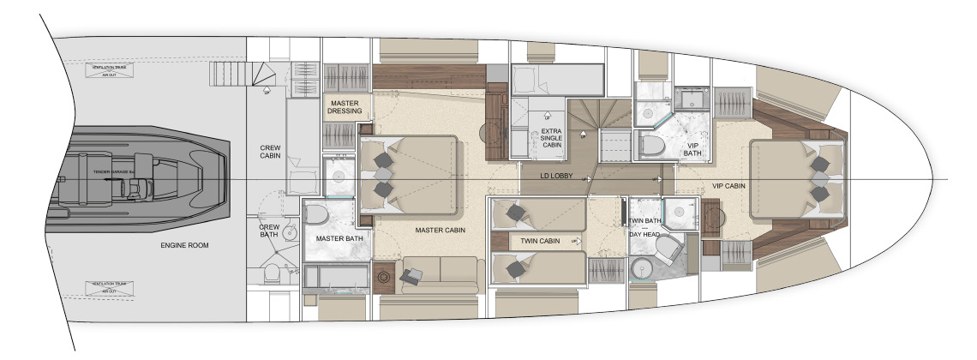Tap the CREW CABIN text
270,153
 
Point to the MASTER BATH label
336,238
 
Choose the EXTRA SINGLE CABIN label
551,139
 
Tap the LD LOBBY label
556,176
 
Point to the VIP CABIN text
729,185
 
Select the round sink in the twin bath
642,272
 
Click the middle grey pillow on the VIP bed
820,177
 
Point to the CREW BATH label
270,231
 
